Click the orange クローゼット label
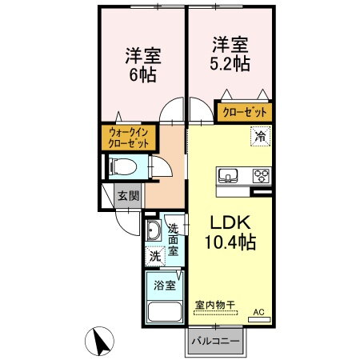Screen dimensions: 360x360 click(245, 112)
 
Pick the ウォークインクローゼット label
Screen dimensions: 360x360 click(129, 138)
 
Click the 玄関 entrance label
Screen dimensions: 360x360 click(128, 194)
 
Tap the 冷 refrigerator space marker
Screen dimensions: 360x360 click(260, 136)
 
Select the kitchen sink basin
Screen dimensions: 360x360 click(226, 175)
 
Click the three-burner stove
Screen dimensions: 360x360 click(261, 175)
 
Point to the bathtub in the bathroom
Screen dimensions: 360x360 click(163, 311)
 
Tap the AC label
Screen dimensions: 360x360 click(258, 312)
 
